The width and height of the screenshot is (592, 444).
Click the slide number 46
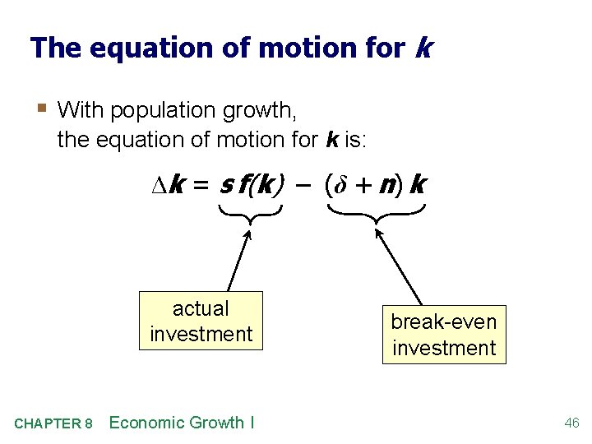coord(571,423)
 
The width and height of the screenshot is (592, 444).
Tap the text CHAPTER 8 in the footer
coord(53,424)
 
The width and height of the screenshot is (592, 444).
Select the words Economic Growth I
coord(182,423)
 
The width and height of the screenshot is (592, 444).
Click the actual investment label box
coord(201,321)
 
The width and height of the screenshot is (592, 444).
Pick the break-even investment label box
coord(444,335)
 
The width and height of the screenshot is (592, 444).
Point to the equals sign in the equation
coord(200,187)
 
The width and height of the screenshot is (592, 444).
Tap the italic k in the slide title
coord(423,48)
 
